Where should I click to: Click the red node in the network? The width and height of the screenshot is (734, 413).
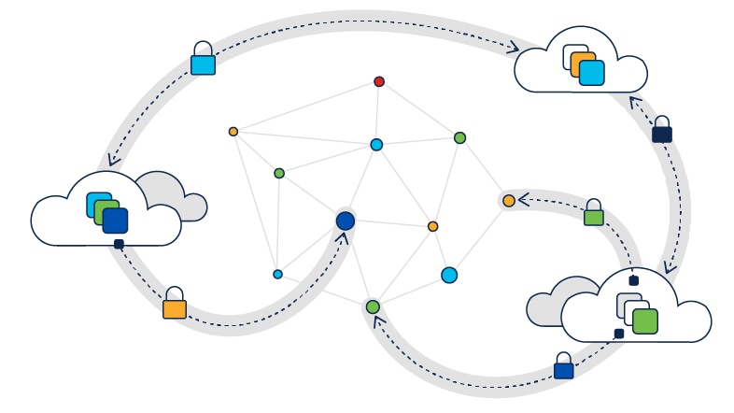(x=379, y=81)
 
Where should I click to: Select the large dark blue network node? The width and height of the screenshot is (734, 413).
(x=346, y=221)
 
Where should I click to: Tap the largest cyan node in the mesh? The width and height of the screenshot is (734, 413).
(x=449, y=275)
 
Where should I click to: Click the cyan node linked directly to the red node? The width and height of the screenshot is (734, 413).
(x=376, y=145)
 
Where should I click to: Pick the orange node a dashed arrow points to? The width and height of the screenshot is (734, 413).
(x=508, y=201)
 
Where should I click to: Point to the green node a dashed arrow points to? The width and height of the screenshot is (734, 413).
(x=373, y=306)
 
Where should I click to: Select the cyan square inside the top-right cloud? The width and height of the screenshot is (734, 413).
(x=591, y=73)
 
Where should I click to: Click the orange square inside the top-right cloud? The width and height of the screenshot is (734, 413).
(x=583, y=64)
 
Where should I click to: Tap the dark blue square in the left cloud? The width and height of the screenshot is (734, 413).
(x=115, y=221)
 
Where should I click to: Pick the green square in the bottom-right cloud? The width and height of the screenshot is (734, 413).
(x=644, y=320)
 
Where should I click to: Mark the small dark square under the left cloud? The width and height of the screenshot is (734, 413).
(x=119, y=244)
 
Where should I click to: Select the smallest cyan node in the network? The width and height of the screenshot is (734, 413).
(x=277, y=274)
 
